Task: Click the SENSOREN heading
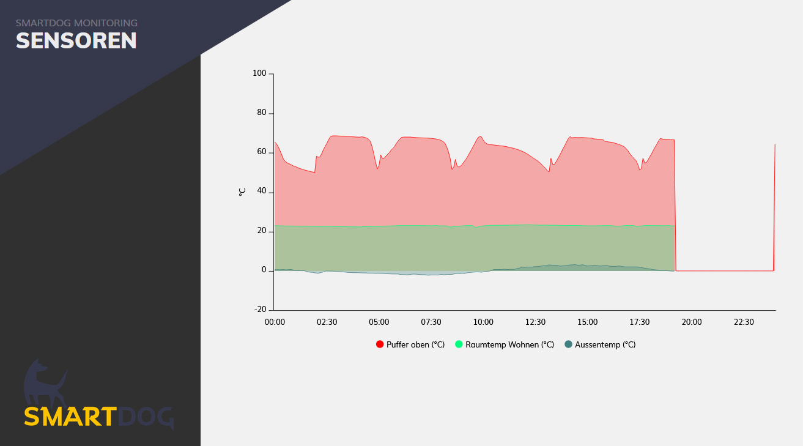coord(76,41)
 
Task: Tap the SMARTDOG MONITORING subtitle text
coord(76,23)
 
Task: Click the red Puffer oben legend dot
coord(380,344)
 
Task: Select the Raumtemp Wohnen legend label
coord(509,344)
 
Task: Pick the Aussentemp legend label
coord(605,344)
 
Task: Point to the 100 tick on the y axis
coord(259,73)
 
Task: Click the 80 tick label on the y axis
coord(261,113)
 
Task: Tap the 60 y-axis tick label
coord(261,152)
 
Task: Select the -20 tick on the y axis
coord(260,310)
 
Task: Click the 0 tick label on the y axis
coord(264,270)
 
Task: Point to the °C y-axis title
coord(242,191)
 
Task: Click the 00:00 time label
coord(275,322)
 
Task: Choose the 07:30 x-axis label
coord(431,322)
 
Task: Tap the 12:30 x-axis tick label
coord(535,322)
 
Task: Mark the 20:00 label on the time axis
coord(692,322)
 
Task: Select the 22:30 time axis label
coord(744,322)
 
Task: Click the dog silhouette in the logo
coord(44,382)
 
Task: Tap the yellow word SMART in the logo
coord(69,417)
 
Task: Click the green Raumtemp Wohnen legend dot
coord(459,344)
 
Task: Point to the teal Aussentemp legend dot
coord(568,344)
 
